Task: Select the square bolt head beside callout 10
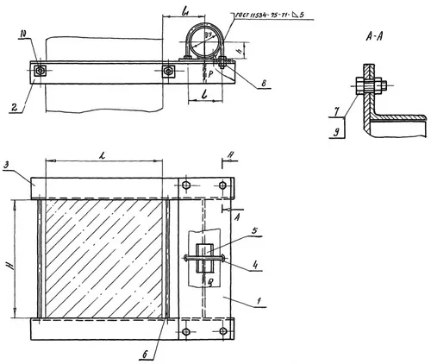click(x=40, y=72)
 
